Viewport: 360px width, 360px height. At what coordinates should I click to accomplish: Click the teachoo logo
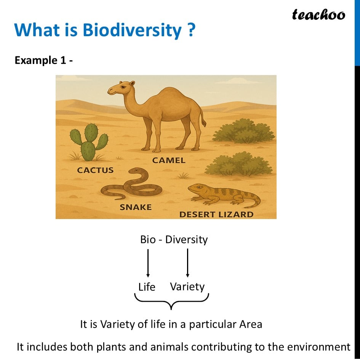[x=318, y=15]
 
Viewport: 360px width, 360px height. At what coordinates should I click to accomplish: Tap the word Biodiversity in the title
[x=132, y=30]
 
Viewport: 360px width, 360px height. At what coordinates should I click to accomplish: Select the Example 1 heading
[x=44, y=61]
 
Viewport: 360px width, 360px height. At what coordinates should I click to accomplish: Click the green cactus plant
[x=89, y=142]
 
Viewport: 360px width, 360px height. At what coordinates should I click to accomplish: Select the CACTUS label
[x=95, y=170]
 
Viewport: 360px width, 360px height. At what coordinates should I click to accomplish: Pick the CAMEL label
[x=169, y=160]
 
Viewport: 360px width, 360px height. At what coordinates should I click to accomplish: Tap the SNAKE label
[x=136, y=207]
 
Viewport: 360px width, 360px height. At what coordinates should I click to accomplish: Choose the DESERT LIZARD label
[x=216, y=214]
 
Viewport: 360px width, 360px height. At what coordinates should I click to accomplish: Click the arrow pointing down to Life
[x=148, y=263]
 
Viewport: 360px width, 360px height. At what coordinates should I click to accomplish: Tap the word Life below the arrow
[x=147, y=287]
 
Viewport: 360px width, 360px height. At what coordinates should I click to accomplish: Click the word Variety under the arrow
[x=187, y=287]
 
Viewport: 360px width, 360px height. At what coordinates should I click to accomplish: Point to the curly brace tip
[x=171, y=309]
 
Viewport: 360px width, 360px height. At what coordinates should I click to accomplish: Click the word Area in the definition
[x=251, y=325]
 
